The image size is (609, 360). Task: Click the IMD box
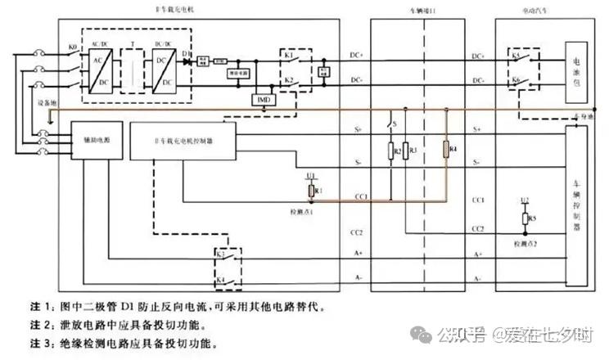pos(264,99)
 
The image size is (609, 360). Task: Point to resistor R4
pos(445,149)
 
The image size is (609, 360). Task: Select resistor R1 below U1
pos(311,191)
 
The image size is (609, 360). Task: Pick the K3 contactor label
pos(220,255)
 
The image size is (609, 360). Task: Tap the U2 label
pos(525,200)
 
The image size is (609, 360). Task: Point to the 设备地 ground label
pos(47,104)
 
